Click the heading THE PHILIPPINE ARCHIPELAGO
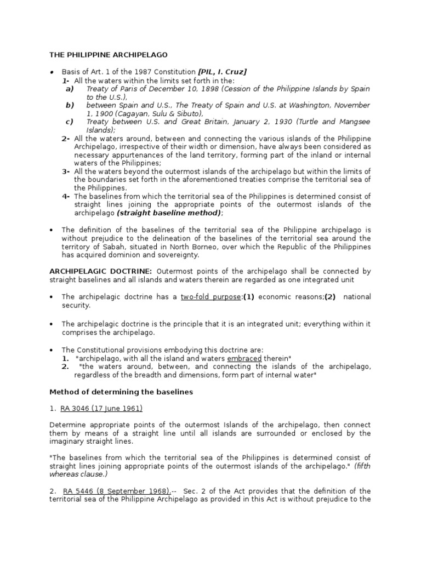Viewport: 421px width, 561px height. point(109,55)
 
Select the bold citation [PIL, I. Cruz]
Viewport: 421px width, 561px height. point(223,72)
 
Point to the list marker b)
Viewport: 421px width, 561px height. point(70,105)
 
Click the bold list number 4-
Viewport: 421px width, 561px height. point(66,196)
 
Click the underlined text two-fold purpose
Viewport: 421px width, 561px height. point(210,296)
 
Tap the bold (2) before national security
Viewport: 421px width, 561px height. point(329,296)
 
